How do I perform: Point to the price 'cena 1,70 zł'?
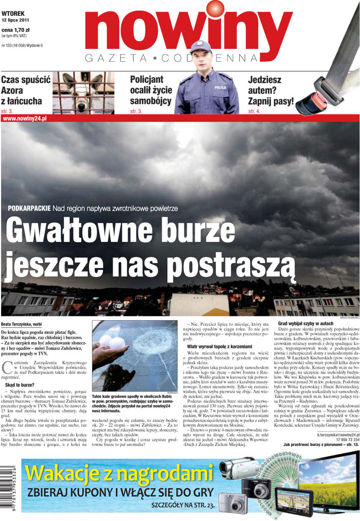(16, 30)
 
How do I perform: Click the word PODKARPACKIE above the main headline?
(29, 208)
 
